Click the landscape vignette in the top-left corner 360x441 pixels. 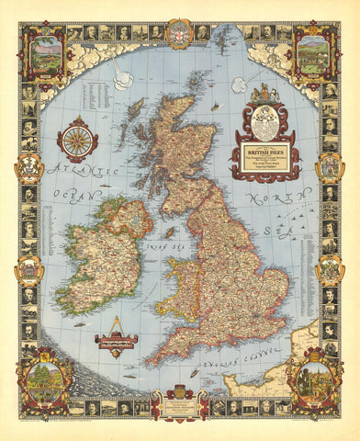(46, 52)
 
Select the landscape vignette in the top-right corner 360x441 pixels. (312, 52)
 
